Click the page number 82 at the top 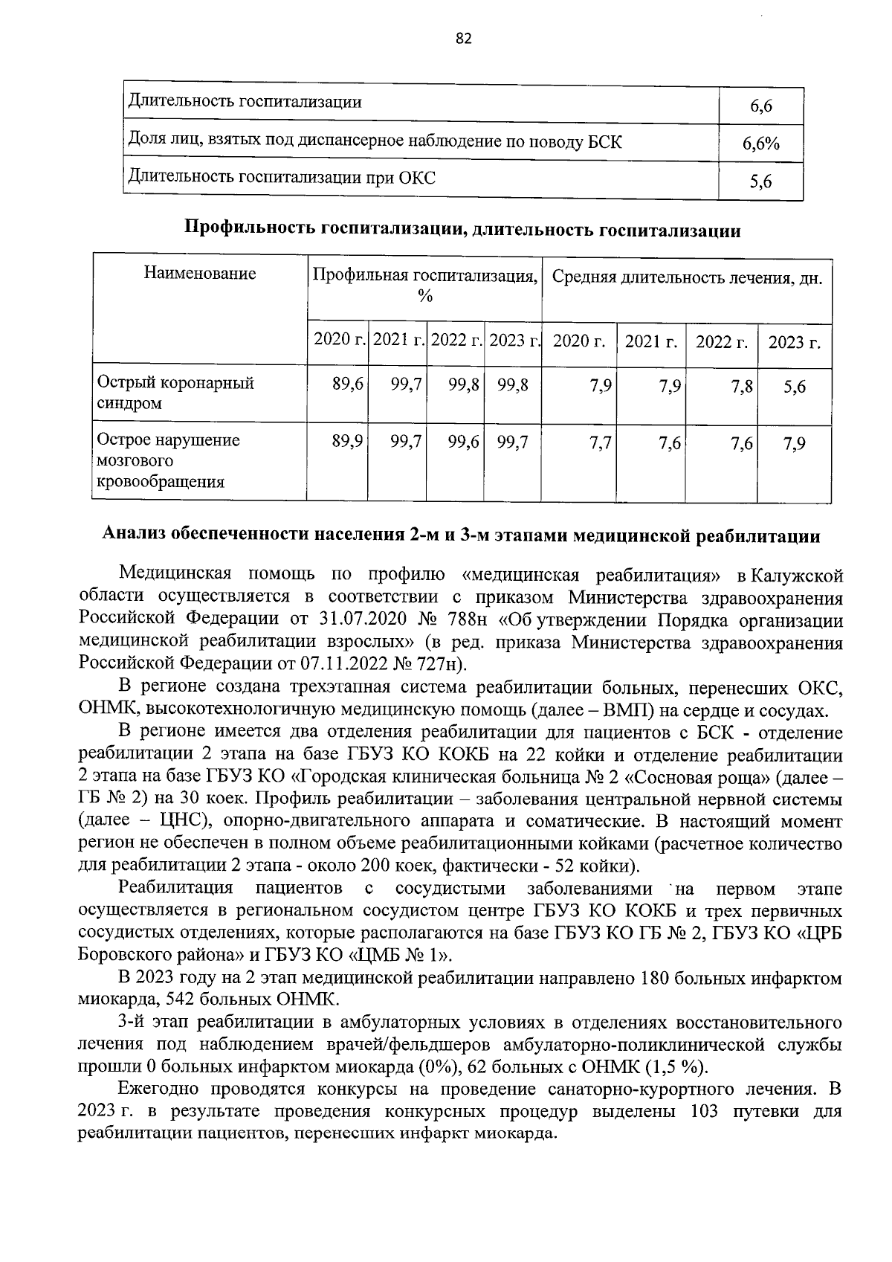(x=463, y=39)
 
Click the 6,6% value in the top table (x=760, y=144)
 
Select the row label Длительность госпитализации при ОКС (x=282, y=178)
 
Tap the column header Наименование (x=200, y=274)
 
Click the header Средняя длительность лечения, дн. (x=687, y=278)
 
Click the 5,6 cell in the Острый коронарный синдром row (x=794, y=387)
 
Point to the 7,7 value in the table (x=599, y=444)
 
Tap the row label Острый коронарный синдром (x=175, y=393)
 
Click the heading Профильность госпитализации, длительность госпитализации (x=462, y=231)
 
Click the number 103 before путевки (x=703, y=1113)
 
